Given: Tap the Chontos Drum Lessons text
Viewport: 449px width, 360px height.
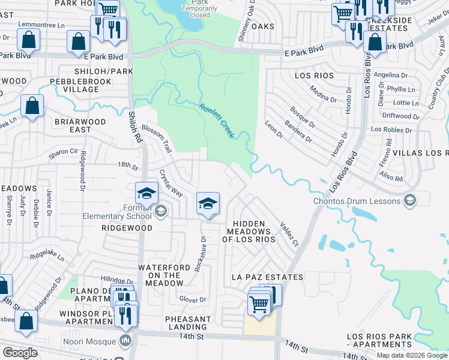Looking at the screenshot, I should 357,200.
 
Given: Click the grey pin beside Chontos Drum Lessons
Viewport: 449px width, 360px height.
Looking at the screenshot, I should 410,200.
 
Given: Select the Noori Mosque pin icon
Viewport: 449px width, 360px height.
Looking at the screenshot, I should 125,341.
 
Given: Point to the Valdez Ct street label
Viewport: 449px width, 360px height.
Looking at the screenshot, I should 289,233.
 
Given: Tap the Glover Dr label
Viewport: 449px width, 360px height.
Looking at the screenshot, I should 192,299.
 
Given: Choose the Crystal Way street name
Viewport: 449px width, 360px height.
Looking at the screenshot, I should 170,182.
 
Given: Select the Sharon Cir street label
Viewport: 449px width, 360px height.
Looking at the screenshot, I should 64,152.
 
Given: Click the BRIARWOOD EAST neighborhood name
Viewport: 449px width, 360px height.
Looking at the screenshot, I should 80,125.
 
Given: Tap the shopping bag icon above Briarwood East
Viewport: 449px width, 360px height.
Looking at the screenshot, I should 32,106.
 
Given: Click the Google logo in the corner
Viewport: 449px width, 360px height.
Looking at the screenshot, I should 20,353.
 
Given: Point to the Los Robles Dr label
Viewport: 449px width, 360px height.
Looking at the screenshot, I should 394,129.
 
